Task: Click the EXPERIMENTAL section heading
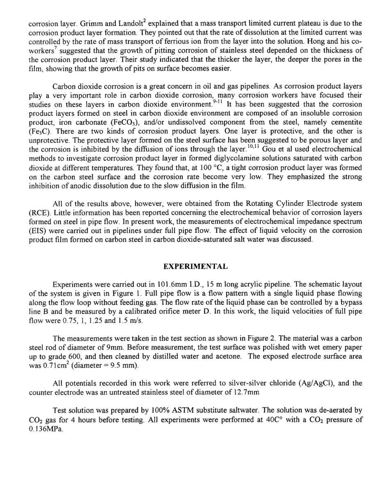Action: [x=195, y=266]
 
